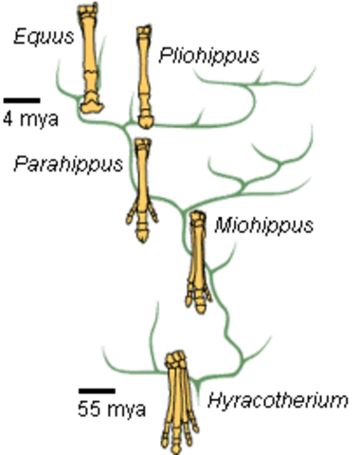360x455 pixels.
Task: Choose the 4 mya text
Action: coord(22,118)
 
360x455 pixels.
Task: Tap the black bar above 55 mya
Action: coord(97,390)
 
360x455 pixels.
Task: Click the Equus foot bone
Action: coord(90,57)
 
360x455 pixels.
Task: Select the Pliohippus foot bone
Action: coord(145,76)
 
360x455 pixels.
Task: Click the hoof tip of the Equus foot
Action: coord(91,102)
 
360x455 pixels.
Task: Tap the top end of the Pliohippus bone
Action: coord(144,33)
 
